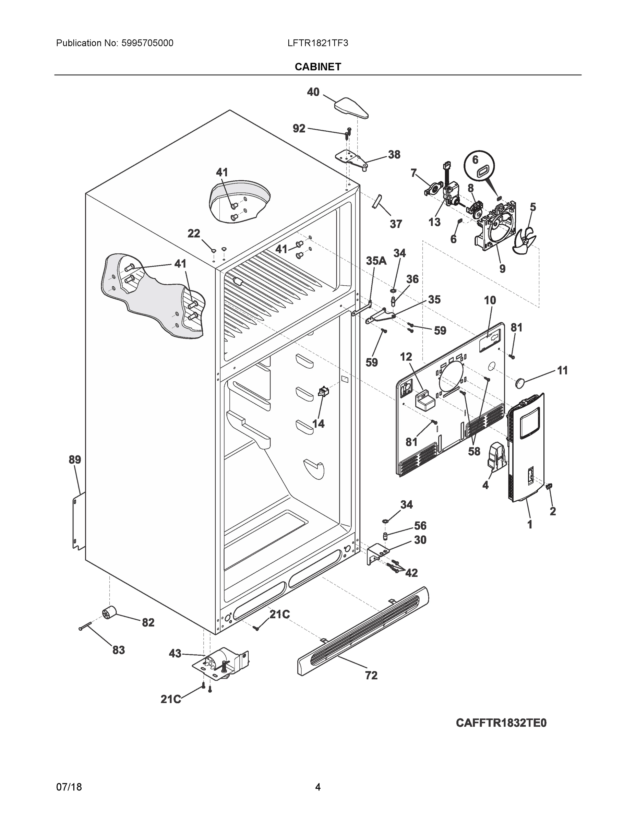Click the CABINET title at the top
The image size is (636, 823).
pyautogui.click(x=317, y=67)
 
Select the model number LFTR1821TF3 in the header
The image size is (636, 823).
pyautogui.click(x=317, y=43)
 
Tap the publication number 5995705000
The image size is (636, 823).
pyautogui.click(x=147, y=43)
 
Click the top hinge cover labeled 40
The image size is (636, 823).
pyautogui.click(x=351, y=108)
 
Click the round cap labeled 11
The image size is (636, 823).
pyautogui.click(x=520, y=383)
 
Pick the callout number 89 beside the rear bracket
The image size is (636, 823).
pyautogui.click(x=75, y=460)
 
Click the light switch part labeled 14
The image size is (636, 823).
pyautogui.click(x=323, y=392)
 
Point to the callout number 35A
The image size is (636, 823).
pyautogui.click(x=376, y=261)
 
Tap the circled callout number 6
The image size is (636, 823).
pyautogui.click(x=475, y=160)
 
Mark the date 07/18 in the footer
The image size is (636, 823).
pyautogui.click(x=69, y=787)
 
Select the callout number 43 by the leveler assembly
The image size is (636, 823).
pyautogui.click(x=175, y=653)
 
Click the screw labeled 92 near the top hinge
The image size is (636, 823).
pyautogui.click(x=348, y=133)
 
